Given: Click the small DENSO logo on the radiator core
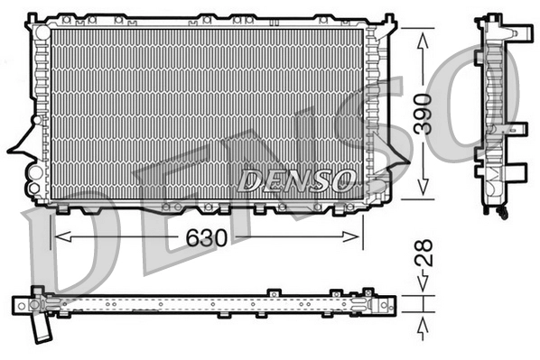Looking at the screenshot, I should [x=295, y=180].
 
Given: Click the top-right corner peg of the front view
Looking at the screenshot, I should [x=388, y=18].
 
